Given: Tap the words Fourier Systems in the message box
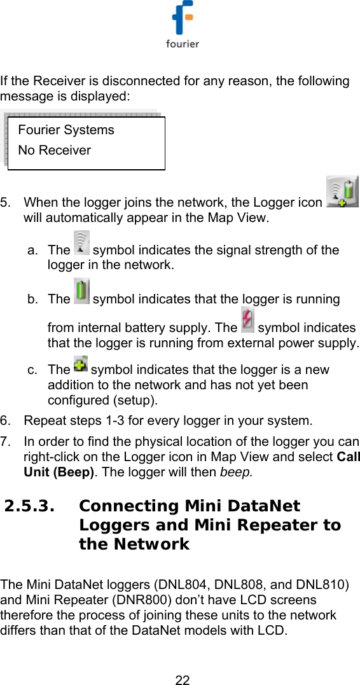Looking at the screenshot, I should [x=66, y=130].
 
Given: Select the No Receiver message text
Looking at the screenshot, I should [x=55, y=150].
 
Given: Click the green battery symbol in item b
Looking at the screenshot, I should [x=81, y=291].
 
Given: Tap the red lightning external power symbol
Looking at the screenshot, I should [x=247, y=319].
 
